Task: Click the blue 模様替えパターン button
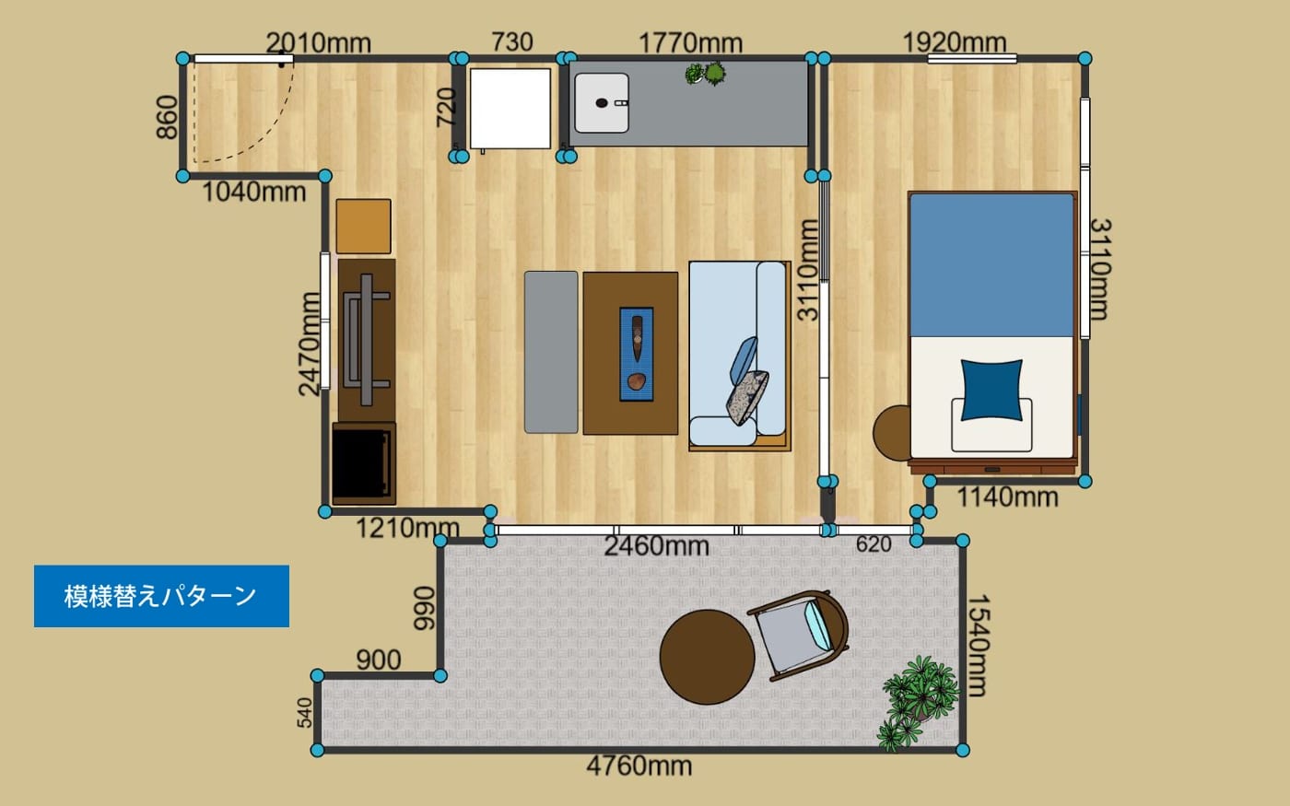click(x=161, y=596)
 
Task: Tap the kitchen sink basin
click(x=602, y=103)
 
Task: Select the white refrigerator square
click(x=510, y=109)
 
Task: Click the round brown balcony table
click(x=708, y=657)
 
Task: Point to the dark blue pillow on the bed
click(x=991, y=390)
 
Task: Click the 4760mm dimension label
click(x=639, y=766)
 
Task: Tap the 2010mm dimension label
click(x=319, y=43)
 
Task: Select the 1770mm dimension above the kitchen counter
click(x=690, y=43)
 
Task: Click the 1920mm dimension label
click(x=955, y=42)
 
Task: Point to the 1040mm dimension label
click(x=254, y=193)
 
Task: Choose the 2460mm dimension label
click(x=656, y=546)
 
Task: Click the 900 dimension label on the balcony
click(x=379, y=660)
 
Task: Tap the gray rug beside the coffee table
click(x=551, y=352)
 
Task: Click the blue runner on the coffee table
click(x=637, y=354)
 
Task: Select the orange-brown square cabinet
click(x=363, y=227)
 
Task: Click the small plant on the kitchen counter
click(x=706, y=74)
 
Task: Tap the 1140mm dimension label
click(x=1007, y=497)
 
